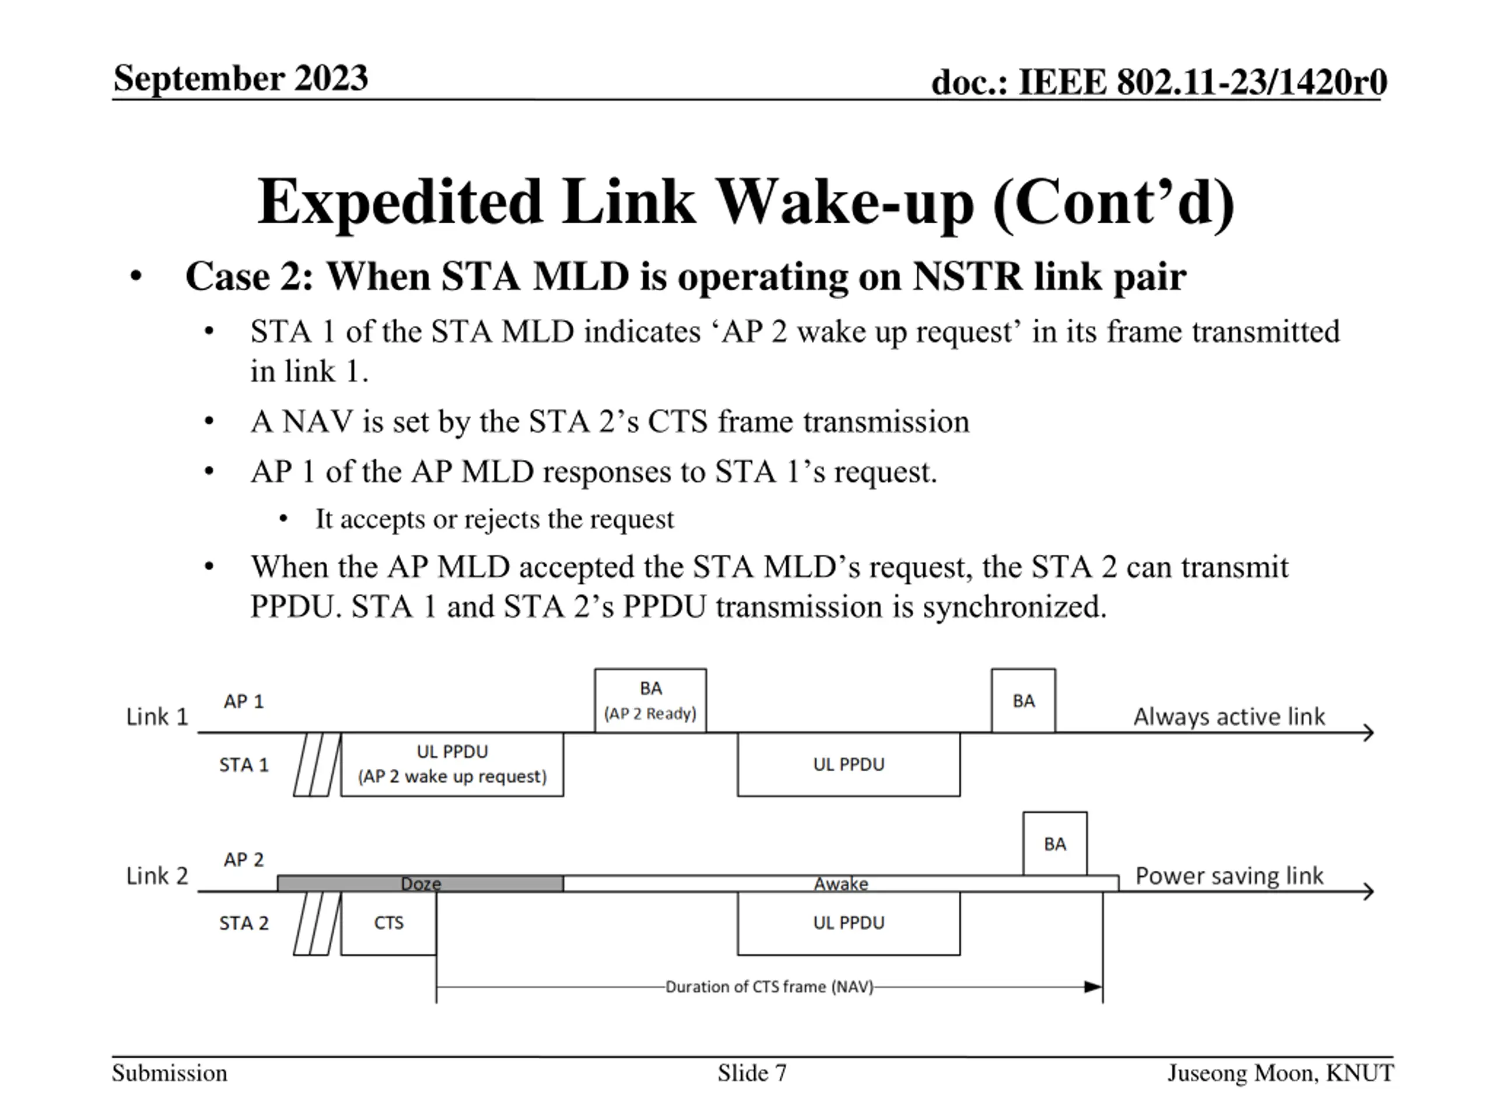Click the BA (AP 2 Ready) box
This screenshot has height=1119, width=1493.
pos(650,700)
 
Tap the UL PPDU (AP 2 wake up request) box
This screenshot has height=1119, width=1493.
pos(451,764)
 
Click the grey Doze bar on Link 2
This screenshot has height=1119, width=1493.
pos(420,883)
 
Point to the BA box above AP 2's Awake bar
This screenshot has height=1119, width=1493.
pos(1054,844)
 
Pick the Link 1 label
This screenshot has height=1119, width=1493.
pos(156,716)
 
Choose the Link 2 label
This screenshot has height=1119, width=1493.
pos(156,875)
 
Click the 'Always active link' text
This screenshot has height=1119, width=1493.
pos(1228,716)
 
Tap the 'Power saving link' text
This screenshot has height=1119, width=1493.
pos(1228,875)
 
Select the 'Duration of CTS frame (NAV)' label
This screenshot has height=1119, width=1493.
pos(769,987)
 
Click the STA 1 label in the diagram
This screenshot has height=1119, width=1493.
pos(244,765)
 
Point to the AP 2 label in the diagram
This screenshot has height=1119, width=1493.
pos(244,859)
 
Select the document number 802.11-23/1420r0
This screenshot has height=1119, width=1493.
pos(1252,82)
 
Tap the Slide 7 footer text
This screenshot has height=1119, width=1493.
pos(752,1072)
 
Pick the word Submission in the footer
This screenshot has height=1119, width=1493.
pos(169,1072)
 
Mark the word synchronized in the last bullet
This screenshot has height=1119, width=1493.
pos(1014,606)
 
